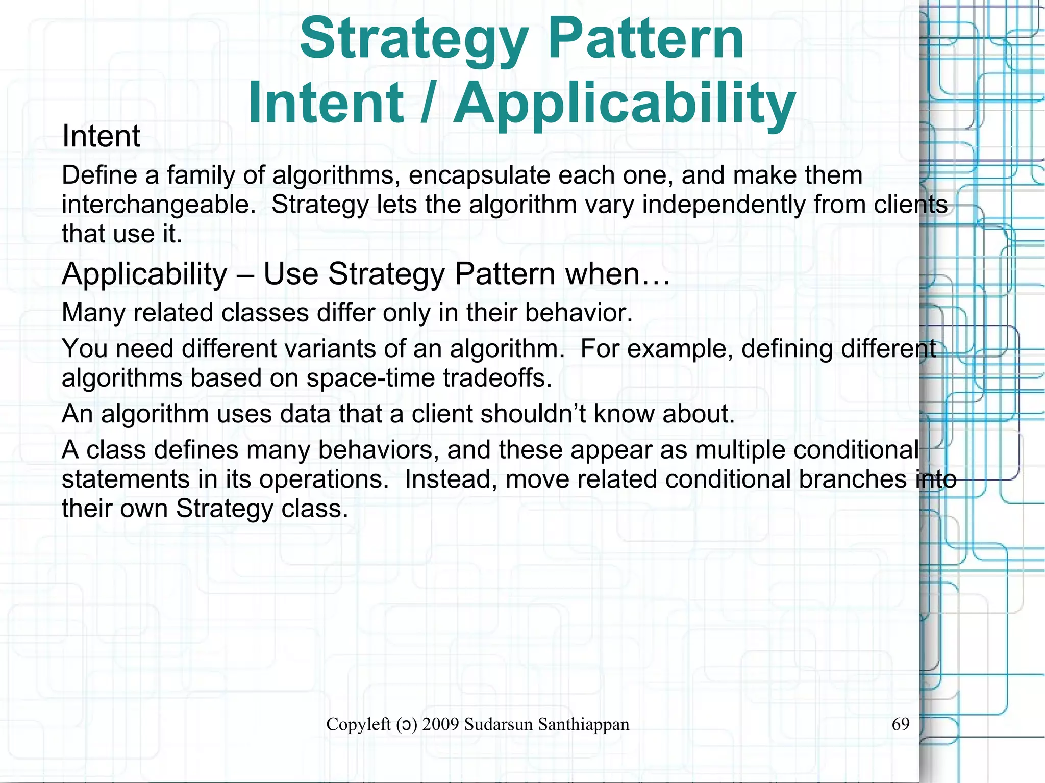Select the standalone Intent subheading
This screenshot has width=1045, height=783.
pyautogui.click(x=101, y=136)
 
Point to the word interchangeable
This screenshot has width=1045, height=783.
pyautogui.click(x=159, y=205)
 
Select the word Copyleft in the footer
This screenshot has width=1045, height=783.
pyautogui.click(x=358, y=724)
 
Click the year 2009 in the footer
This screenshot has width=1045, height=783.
pyautogui.click(x=441, y=724)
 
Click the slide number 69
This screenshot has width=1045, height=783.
pyautogui.click(x=901, y=724)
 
